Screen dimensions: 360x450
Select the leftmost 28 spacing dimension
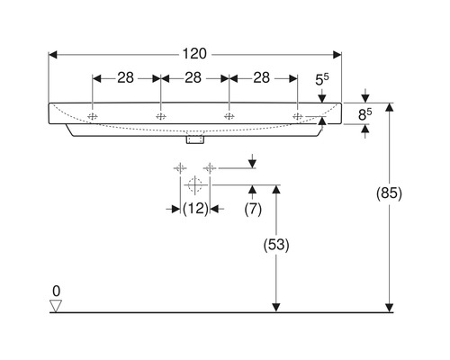pos(126,77)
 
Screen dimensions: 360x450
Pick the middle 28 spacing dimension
pos(193,77)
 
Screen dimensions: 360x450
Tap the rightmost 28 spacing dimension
pos(262,77)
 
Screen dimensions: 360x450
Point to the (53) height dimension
pos(276,244)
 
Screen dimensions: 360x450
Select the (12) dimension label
pos(195,209)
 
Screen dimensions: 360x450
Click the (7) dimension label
pos(253,209)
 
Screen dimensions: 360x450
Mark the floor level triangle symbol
pos(55,306)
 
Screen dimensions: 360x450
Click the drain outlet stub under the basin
pos(193,139)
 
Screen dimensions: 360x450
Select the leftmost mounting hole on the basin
pos(93,115)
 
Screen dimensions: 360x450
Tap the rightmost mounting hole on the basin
pos(296,115)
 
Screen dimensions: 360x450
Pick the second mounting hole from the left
pos(160,115)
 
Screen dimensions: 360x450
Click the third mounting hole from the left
pos(229,115)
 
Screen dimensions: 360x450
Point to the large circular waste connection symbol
pos(193,184)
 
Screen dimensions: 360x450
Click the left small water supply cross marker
pos(179,166)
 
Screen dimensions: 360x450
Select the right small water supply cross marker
pos(209,166)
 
